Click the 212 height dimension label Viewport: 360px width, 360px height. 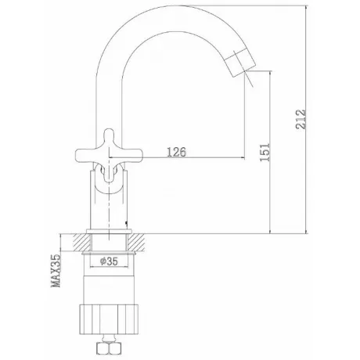click(x=301, y=119)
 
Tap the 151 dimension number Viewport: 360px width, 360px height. click(x=265, y=152)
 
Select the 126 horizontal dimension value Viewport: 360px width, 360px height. click(x=177, y=152)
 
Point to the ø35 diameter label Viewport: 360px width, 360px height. click(x=109, y=261)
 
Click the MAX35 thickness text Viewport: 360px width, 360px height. click(x=56, y=271)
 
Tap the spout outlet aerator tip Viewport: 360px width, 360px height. click(x=240, y=63)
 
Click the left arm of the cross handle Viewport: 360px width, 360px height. click(x=85, y=155)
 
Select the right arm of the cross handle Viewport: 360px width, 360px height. click(x=132, y=155)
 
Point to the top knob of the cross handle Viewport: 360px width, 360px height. click(x=109, y=138)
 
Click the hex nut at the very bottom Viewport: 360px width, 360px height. click(x=109, y=347)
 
